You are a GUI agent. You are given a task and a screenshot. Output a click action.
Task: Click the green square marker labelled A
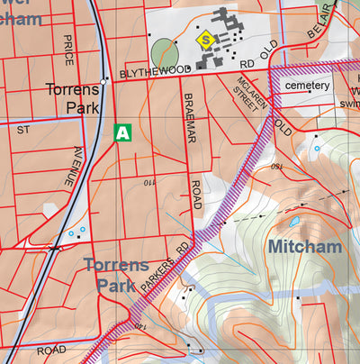pyautogui.click(x=123, y=133)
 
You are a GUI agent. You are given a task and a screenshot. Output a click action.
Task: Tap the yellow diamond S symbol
pyautogui.click(x=206, y=39)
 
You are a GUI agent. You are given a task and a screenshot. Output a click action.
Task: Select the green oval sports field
pyautogui.click(x=163, y=53)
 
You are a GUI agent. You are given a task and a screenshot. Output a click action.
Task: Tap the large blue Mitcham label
pyautogui.click(x=303, y=246)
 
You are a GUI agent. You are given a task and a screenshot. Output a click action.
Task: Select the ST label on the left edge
pyautogui.click(x=22, y=130)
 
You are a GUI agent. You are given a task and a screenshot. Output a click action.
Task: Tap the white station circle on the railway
pyautogui.click(x=105, y=80)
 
